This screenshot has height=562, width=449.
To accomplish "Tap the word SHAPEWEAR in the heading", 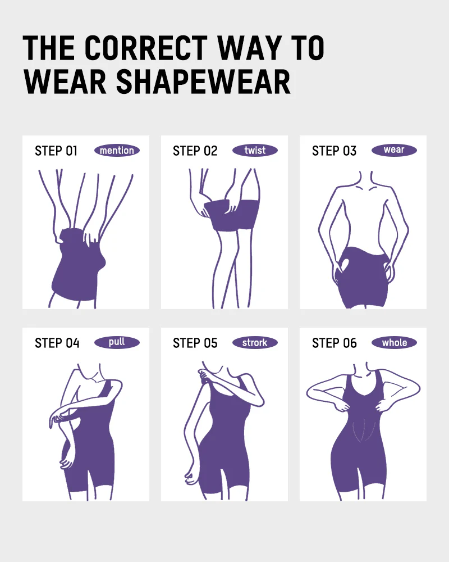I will (x=203, y=82).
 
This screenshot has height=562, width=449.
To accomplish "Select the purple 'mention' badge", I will (x=117, y=151).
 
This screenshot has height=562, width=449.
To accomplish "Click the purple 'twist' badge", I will (x=255, y=151).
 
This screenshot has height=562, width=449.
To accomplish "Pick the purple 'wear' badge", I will (x=394, y=150).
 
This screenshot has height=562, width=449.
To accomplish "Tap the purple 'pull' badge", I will (x=117, y=342).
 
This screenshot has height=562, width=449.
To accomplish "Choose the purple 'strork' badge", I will (x=255, y=343).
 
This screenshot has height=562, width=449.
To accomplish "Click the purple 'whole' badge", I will (x=394, y=343).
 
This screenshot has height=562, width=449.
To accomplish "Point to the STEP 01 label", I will (x=56, y=151).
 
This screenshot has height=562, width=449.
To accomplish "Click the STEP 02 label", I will (x=195, y=151).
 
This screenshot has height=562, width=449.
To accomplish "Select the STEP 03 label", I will (x=334, y=151).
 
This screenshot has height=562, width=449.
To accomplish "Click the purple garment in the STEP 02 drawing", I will (x=227, y=216).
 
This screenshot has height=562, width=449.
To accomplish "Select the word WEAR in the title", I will (x=65, y=82).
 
